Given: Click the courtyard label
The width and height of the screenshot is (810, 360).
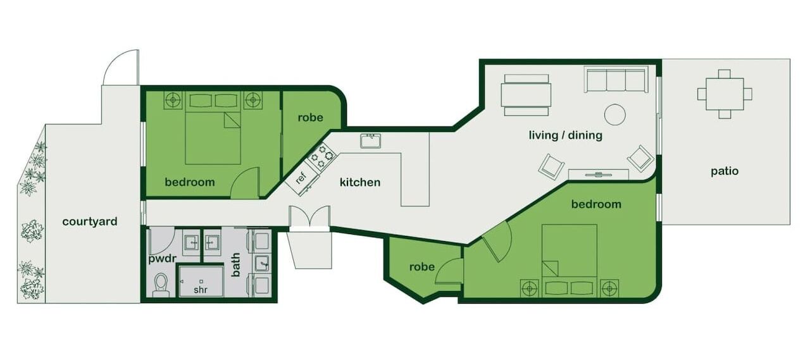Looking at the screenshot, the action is click(90, 221).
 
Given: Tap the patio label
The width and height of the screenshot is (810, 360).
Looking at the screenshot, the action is click(725, 171).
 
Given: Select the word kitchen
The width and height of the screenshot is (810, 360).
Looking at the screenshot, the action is click(360, 182).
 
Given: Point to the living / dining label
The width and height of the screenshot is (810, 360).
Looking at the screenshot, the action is click(566, 135).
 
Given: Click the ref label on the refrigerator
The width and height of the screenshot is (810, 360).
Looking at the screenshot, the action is click(301, 178).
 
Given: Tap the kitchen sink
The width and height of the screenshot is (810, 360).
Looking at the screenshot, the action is click(370, 141).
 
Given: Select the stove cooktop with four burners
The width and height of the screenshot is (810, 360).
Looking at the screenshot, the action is click(322, 156).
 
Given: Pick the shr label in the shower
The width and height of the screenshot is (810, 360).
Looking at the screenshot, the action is click(201, 290).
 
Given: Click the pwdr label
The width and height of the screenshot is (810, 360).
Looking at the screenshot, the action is click(162, 259).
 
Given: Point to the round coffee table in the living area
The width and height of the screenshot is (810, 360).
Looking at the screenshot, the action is click(614, 115).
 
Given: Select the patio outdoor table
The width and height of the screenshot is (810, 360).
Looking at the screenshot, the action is click(725, 94).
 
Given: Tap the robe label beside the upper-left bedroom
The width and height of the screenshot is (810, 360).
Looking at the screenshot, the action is click(310, 118).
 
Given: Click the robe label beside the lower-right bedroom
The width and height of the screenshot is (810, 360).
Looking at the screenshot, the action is click(422, 267).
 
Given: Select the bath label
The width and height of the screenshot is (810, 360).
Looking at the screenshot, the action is click(235, 265).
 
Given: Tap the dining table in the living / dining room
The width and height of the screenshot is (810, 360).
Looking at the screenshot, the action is click(526, 95).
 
